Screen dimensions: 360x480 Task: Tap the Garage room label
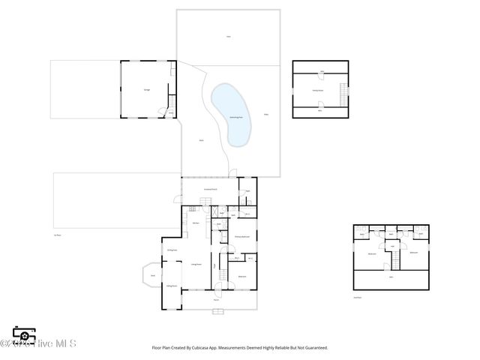147,90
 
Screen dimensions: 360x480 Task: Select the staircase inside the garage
172,102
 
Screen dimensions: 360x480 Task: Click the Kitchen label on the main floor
195,223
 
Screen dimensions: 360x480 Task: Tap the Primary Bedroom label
241,237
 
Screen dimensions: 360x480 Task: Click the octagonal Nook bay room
152,276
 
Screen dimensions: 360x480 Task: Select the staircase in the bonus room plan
344,95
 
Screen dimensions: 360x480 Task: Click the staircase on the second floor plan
391,260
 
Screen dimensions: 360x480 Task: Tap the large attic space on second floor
391,278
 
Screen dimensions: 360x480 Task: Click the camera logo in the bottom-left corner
24,336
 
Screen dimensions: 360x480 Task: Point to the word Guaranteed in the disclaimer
313,348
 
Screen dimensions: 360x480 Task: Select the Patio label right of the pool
265,114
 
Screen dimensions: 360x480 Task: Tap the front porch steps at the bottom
219,310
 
